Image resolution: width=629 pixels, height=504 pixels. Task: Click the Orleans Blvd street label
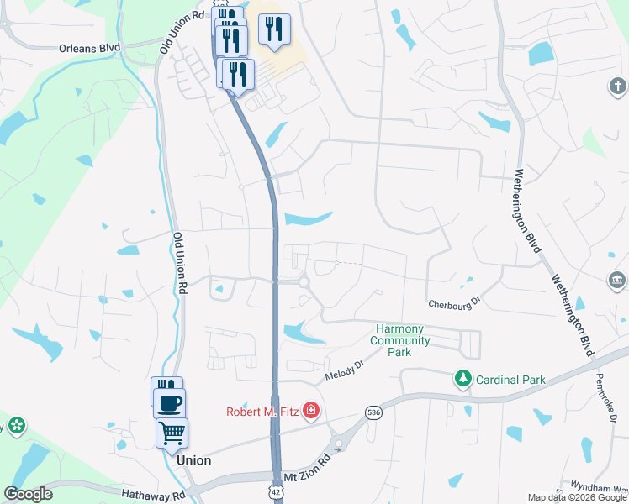pos(89,48)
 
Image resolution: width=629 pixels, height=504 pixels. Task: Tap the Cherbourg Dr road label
pos(453,302)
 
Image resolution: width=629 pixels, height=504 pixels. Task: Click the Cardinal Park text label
pos(510,380)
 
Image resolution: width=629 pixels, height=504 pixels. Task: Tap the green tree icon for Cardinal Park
pos(462,380)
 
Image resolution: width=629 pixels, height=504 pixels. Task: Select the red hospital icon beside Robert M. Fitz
pos(311,411)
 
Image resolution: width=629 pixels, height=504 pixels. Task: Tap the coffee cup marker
pos(170,402)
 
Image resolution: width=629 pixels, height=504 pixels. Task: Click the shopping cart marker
pos(172,432)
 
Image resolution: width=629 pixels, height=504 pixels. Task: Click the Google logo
pos(28,494)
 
